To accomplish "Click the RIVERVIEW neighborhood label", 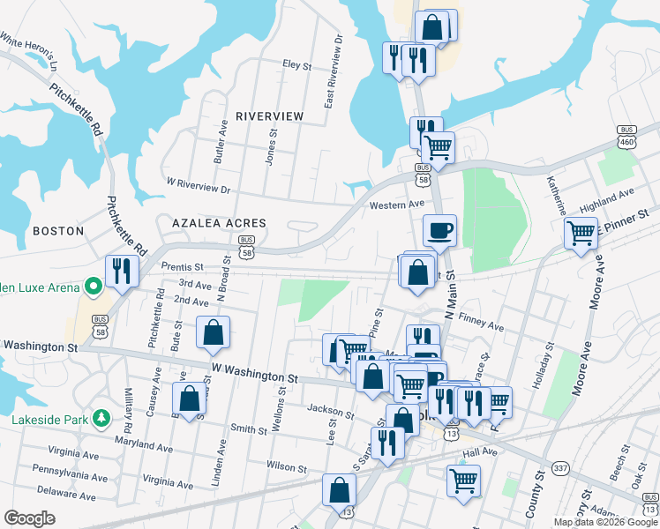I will click(269, 116).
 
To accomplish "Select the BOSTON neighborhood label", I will click(57, 231).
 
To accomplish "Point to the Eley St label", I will click(296, 65).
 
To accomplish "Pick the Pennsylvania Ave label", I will click(69, 475).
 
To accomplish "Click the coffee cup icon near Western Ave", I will click(439, 232).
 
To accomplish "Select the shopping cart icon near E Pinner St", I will click(581, 234).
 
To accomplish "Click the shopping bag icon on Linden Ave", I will click(213, 332).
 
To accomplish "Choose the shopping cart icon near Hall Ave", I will click(463, 480).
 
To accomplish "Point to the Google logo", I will click(29, 518).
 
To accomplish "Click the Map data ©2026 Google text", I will click(604, 522).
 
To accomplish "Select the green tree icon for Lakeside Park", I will click(102, 417).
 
